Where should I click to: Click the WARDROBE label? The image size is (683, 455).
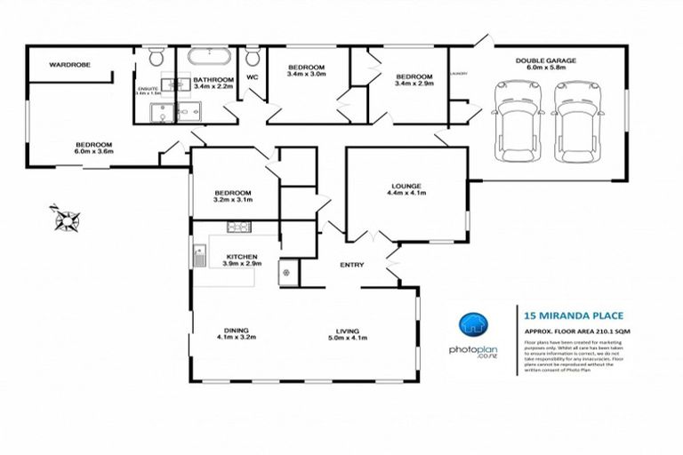point(67,64)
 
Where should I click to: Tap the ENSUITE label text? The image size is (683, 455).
point(147,90)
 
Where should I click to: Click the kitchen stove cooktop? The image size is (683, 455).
point(238,227)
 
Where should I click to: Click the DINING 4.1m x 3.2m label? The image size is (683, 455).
point(236,332)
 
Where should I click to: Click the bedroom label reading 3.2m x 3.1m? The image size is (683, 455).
point(233,196)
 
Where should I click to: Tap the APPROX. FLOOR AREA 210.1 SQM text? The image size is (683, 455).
point(576,330)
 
